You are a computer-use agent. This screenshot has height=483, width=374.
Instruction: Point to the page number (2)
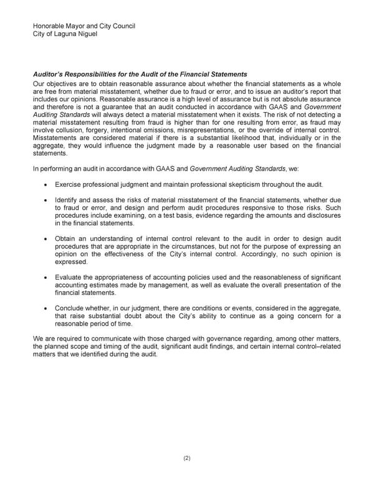tap(187, 458)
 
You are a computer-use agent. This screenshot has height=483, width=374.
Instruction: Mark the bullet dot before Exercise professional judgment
tap(47, 185)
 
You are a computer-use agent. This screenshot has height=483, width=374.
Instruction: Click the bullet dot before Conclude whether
tap(47, 309)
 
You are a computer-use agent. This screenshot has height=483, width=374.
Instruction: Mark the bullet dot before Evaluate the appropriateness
tap(47, 278)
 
